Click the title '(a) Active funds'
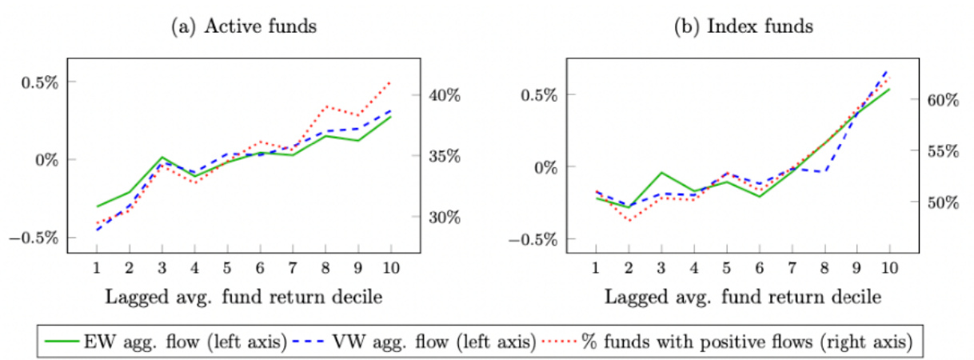244,26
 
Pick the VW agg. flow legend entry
424,343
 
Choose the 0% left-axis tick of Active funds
46,159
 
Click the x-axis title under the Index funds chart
742,298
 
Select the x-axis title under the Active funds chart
244,298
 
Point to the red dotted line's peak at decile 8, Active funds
325,106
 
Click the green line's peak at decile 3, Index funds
661,172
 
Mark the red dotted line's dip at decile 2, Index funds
629,220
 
